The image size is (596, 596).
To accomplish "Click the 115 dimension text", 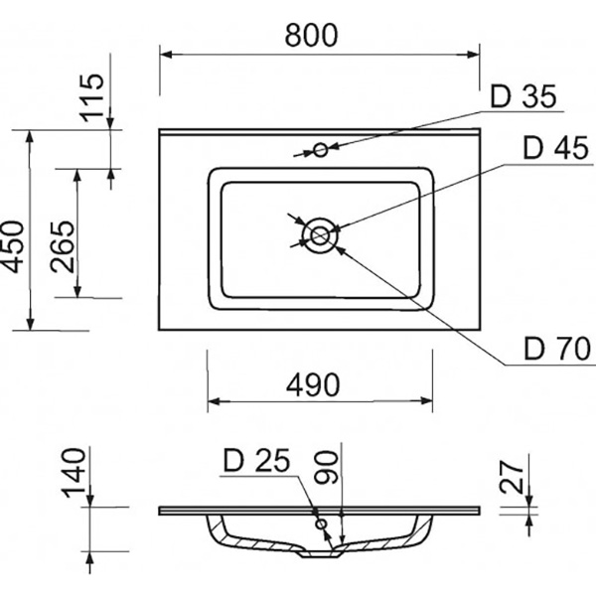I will click(x=91, y=98).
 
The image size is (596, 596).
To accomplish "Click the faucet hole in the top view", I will click(x=320, y=150).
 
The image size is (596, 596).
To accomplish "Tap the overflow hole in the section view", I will click(x=320, y=523).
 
